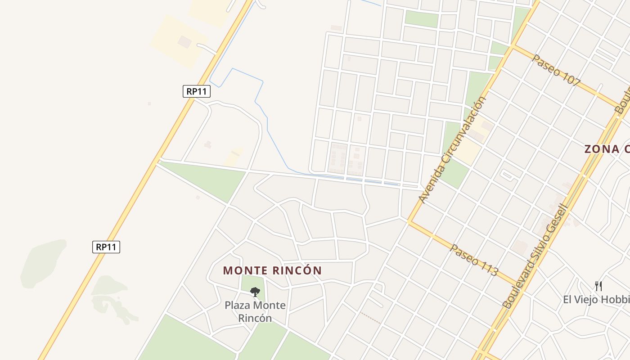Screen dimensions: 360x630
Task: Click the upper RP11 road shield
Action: coord(197,91)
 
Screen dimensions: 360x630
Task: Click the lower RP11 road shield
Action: coord(106,247)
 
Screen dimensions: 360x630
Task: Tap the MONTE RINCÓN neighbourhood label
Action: coord(272,270)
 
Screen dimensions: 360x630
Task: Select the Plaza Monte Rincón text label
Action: coord(255,311)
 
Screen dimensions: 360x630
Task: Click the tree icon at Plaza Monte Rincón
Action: coord(255,292)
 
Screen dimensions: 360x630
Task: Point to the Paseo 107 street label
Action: coord(556,70)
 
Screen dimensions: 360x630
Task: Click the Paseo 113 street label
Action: coord(474,260)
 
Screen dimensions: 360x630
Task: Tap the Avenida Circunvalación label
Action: coord(453,149)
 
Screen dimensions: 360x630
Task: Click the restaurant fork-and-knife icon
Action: coord(598,286)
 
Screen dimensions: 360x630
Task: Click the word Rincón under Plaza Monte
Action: coord(255,318)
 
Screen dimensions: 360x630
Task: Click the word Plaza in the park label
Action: coord(237,306)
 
